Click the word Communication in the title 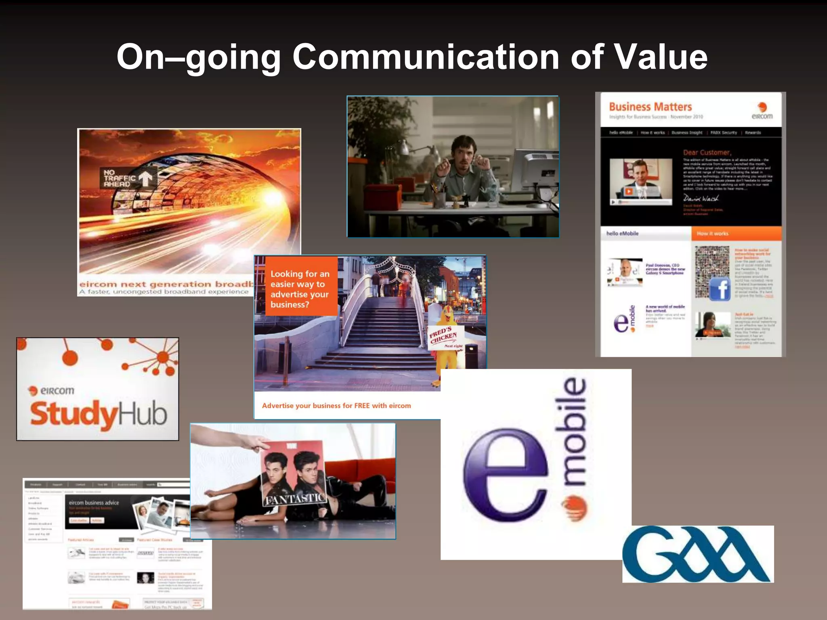tap(426, 57)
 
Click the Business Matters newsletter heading tap(650, 107)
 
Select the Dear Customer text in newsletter tap(707, 153)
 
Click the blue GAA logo tap(697, 554)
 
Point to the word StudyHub tap(99, 415)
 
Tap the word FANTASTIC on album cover tap(294, 499)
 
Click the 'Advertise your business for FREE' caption tap(336, 406)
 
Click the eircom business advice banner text tap(94, 503)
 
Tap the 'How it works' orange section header tap(736, 233)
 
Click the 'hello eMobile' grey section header tap(645, 233)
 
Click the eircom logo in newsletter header tap(762, 111)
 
